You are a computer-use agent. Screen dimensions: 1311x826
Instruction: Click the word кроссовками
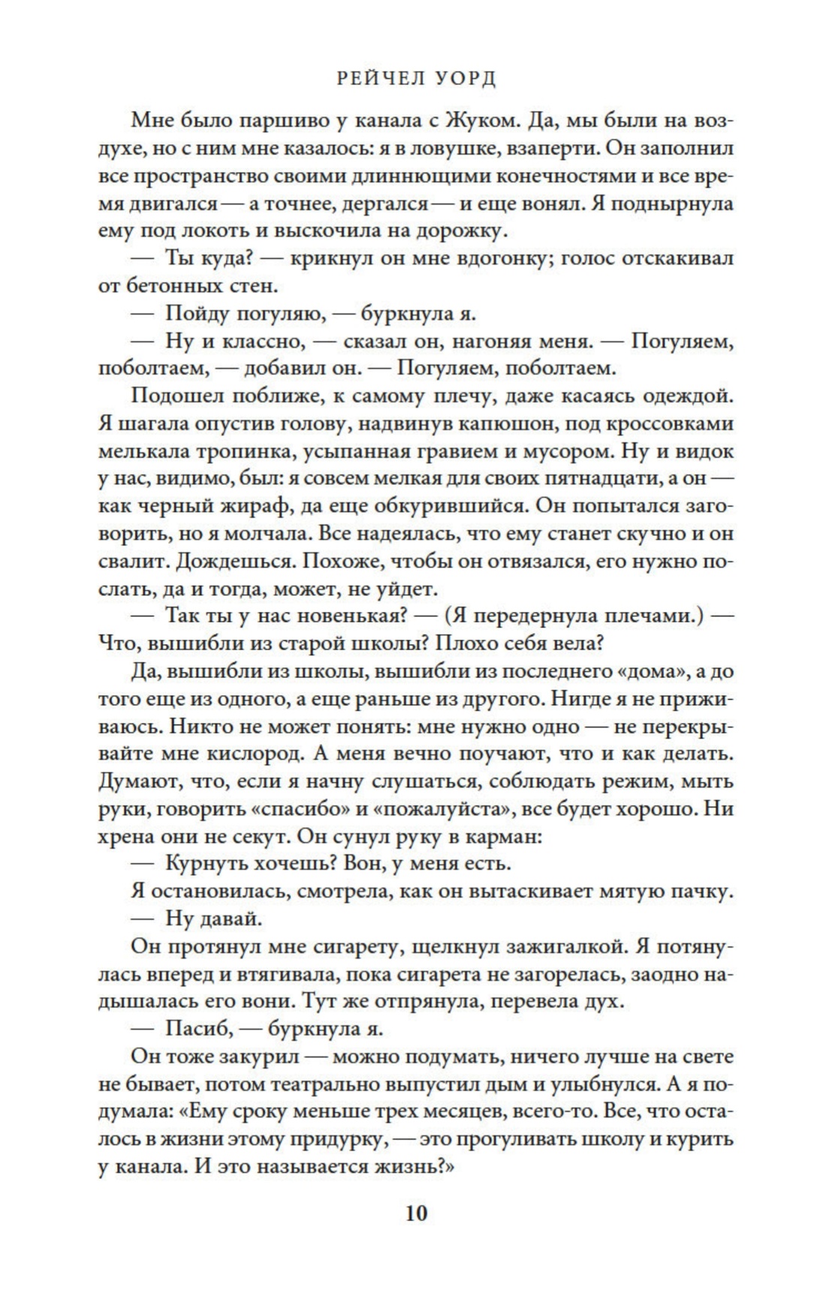click(666, 424)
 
